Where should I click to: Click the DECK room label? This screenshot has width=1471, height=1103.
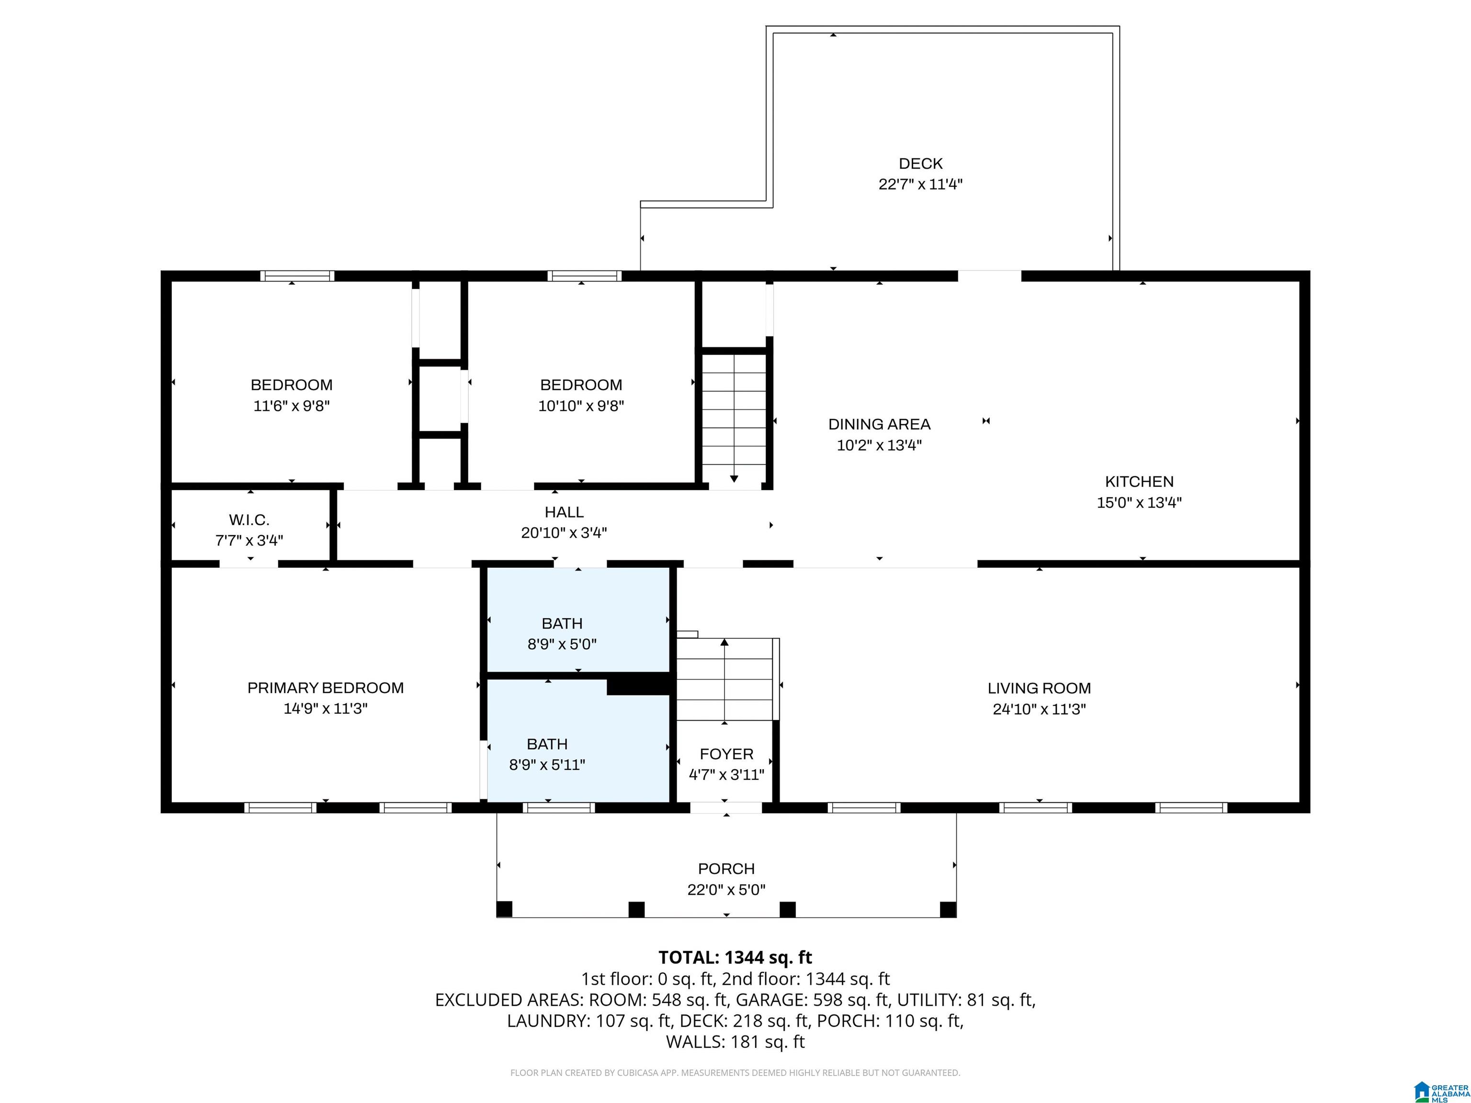pos(920,164)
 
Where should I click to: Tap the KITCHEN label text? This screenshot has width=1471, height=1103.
pos(1139,481)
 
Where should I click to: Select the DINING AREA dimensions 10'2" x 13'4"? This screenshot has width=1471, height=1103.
pos(879,445)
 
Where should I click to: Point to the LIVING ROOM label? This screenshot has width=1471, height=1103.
pos(1039,688)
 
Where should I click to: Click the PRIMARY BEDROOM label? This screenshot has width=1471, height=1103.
pos(325,687)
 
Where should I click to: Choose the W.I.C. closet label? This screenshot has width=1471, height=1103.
pos(249,520)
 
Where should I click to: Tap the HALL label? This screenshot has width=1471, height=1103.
pos(564,512)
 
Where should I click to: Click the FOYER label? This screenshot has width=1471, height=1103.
pos(726,754)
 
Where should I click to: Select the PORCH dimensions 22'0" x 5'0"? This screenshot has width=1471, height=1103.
pos(726,889)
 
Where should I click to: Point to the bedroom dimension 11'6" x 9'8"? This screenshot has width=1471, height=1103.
pos(291,405)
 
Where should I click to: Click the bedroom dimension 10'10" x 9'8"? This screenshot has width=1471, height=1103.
pos(580,405)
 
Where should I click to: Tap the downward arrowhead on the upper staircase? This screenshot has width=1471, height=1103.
pos(734,478)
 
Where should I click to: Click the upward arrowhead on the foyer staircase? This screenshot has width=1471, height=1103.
pos(724,642)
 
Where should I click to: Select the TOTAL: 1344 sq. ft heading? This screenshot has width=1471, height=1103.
pos(735,957)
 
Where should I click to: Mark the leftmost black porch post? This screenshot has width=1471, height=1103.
pos(504,909)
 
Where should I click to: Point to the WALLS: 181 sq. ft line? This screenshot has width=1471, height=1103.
pos(735,1042)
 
